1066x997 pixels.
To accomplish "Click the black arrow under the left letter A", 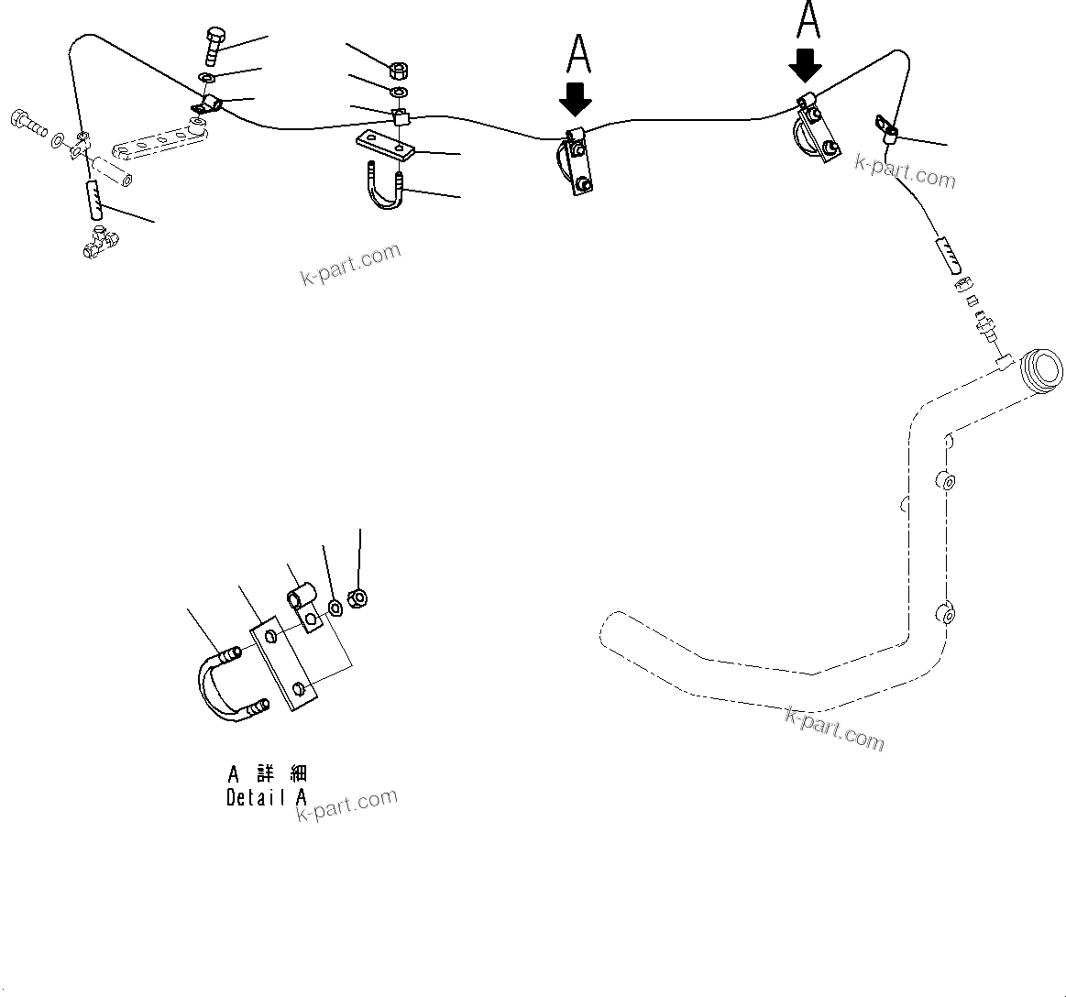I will (576, 99).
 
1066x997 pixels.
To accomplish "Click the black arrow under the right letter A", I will (806, 65).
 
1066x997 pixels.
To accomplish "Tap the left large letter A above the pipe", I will (578, 54).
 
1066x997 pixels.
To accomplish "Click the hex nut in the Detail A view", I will (359, 598).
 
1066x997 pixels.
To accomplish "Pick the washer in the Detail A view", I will (335, 606).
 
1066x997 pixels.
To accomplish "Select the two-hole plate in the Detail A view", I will (284, 666).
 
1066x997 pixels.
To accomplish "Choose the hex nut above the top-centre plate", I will (399, 70).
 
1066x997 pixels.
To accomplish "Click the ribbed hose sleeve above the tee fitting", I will (94, 199).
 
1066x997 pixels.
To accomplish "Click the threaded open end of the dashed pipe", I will (1043, 371).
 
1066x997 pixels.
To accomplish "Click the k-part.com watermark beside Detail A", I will (347, 805).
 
